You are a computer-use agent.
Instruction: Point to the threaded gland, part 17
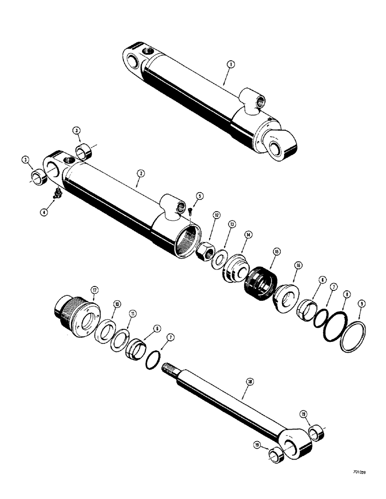pos(75,315)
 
